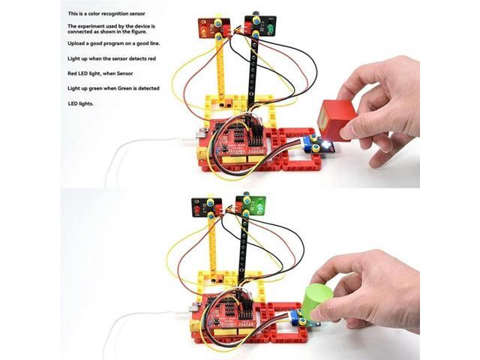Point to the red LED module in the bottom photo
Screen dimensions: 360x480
203,208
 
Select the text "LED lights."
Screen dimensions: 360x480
81,103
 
